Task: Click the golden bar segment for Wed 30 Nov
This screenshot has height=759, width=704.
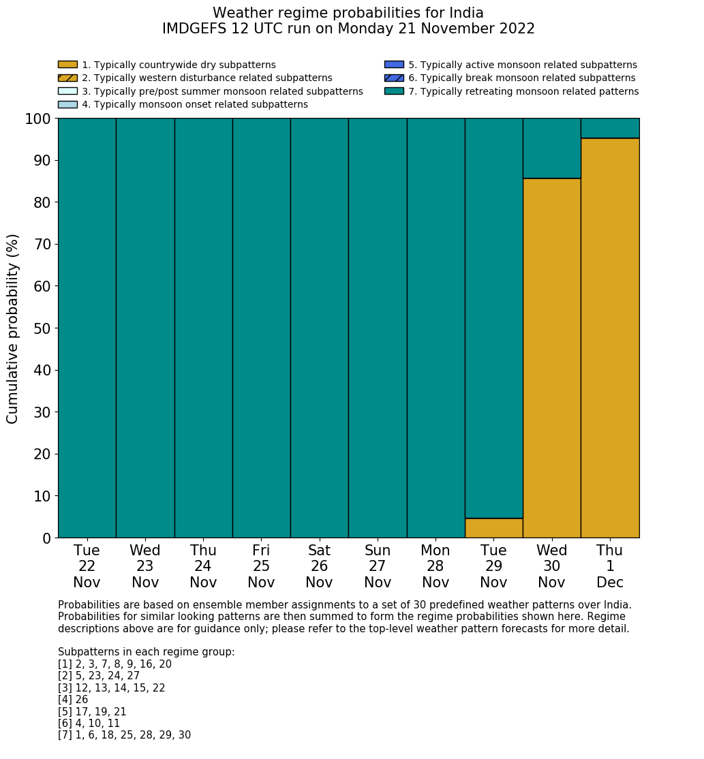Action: pyautogui.click(x=551, y=358)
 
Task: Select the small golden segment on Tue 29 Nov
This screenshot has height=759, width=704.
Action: pyautogui.click(x=493, y=528)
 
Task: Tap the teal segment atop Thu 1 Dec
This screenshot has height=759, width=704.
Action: pyautogui.click(x=610, y=128)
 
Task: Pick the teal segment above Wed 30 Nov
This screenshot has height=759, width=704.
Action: pyautogui.click(x=551, y=148)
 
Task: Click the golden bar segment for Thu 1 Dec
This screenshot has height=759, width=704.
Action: pyautogui.click(x=610, y=338)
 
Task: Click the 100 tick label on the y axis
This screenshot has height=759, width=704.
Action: pyautogui.click(x=38, y=119)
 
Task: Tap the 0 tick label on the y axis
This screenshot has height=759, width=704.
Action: pyautogui.click(x=46, y=539)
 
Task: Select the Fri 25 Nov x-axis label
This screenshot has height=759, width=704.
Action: pyautogui.click(x=261, y=566)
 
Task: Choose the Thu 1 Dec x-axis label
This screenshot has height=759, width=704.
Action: pyautogui.click(x=610, y=566)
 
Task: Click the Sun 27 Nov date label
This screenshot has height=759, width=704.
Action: pyautogui.click(x=378, y=566)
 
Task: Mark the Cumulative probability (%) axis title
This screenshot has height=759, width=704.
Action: pyautogui.click(x=13, y=328)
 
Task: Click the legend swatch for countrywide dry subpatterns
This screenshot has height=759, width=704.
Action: pyautogui.click(x=67, y=65)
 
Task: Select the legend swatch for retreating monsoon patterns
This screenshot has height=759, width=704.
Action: pyautogui.click(x=394, y=91)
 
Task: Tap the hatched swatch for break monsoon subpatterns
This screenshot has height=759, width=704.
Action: pyautogui.click(x=394, y=78)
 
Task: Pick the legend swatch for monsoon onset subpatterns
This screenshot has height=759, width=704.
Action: pyautogui.click(x=67, y=104)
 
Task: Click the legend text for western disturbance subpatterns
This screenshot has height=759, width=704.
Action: pyautogui.click(x=206, y=78)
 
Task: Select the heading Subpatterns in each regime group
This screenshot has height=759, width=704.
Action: pyautogui.click(x=146, y=652)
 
